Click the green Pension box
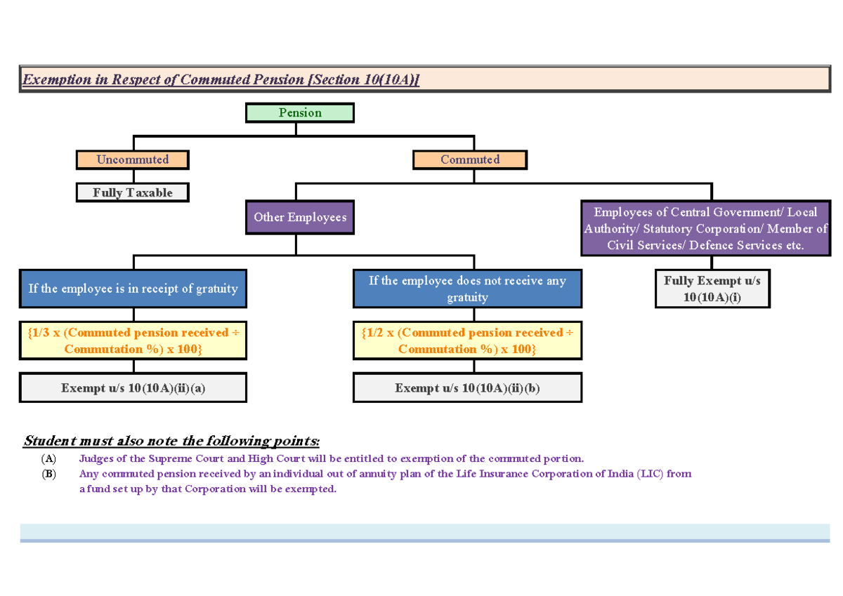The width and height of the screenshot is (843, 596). click(x=299, y=113)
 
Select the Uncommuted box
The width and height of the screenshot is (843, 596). click(x=133, y=159)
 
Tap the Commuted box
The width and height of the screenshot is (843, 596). click(x=469, y=159)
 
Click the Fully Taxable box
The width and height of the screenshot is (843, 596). click(x=133, y=192)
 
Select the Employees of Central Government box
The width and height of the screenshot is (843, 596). click(x=706, y=229)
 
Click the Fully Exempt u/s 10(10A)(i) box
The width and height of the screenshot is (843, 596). click(x=712, y=289)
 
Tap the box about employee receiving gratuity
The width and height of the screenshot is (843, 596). click(x=133, y=289)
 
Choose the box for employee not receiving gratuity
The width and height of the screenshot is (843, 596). click(x=467, y=289)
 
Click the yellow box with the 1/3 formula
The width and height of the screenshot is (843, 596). click(x=133, y=341)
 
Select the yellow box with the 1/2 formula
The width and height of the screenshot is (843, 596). click(x=467, y=341)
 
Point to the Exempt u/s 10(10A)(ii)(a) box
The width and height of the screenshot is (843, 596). click(x=133, y=388)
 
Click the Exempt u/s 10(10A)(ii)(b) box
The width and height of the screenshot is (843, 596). click(x=467, y=388)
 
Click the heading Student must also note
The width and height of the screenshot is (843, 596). click(x=171, y=442)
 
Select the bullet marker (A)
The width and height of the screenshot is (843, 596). click(x=48, y=459)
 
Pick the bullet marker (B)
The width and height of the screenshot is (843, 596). click(x=48, y=474)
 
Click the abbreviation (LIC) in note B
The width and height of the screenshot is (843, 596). click(x=650, y=474)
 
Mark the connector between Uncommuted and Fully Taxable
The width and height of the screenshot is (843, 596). click(x=133, y=176)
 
